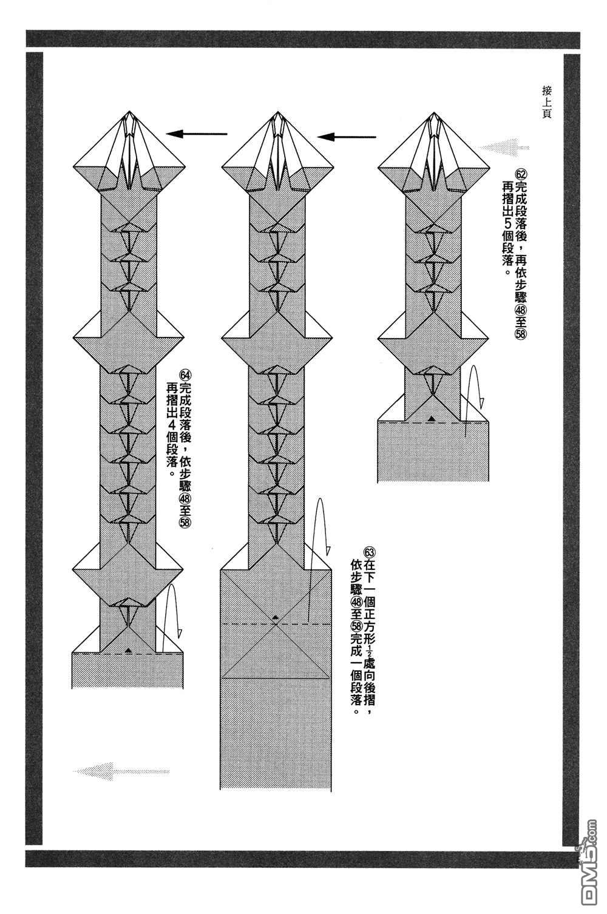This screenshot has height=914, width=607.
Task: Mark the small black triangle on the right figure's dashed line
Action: pyautogui.click(x=431, y=418)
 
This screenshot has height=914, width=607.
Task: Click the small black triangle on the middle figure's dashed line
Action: pyautogui.click(x=276, y=617)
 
